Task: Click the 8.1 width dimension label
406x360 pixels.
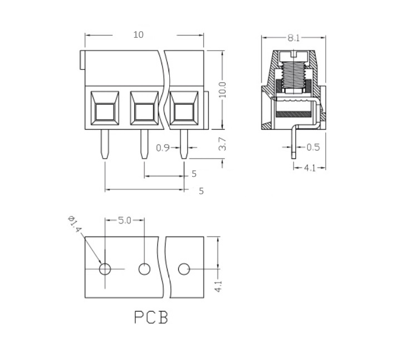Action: click(294, 38)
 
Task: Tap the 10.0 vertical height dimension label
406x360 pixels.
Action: click(222, 90)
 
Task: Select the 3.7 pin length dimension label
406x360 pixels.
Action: click(222, 144)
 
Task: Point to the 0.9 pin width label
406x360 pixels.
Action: click(163, 148)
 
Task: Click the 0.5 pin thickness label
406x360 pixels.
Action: click(313, 147)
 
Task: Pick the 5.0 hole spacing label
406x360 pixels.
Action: click(125, 220)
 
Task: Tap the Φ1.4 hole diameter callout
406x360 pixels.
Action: click(75, 224)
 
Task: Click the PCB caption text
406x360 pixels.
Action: click(151, 317)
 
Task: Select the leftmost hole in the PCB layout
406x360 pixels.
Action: click(105, 269)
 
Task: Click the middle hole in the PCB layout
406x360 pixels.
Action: click(144, 269)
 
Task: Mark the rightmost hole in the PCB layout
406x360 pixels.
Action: click(184, 269)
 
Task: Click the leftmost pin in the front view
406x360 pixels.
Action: click(105, 144)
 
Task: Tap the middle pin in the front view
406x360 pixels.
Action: click(144, 144)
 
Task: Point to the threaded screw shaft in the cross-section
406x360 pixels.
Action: click(294, 75)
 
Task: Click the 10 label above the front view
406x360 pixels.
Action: click(138, 34)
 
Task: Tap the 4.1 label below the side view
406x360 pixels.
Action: click(310, 168)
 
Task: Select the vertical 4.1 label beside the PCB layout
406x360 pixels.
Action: click(218, 286)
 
